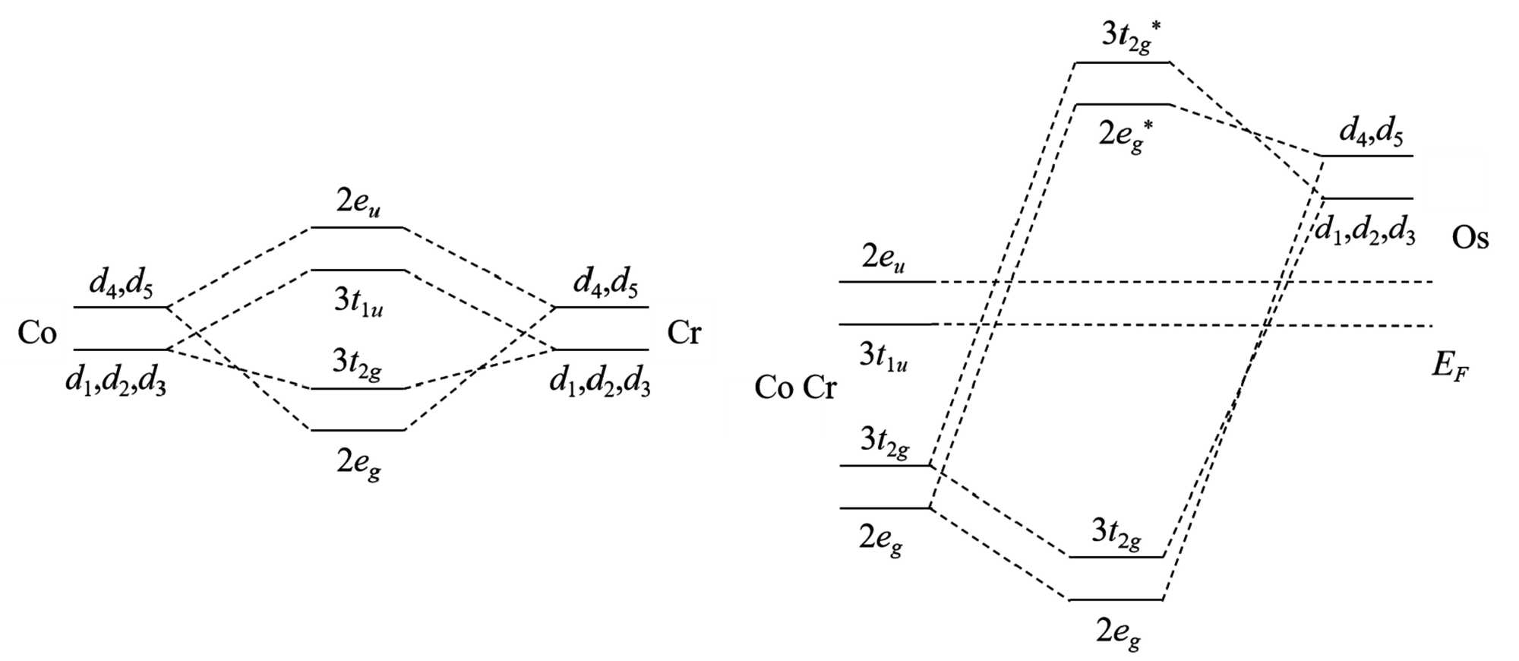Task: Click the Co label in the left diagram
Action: [x=37, y=333]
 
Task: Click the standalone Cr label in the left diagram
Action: [x=684, y=333]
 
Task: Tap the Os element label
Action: [x=1470, y=239]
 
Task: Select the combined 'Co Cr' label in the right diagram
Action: [x=794, y=388]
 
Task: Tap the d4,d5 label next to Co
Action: [x=122, y=284]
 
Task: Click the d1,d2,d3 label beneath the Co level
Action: [x=115, y=380]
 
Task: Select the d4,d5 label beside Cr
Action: [x=605, y=283]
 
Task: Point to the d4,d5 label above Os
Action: [x=1371, y=132]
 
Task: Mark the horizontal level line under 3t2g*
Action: [x=1123, y=62]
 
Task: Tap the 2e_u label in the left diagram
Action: [x=358, y=203]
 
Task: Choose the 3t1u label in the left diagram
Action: [x=358, y=302]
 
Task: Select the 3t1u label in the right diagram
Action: [x=883, y=356]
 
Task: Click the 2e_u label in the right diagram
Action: [x=883, y=258]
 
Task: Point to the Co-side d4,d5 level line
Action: [x=120, y=308]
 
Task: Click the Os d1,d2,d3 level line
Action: [x=1367, y=199]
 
